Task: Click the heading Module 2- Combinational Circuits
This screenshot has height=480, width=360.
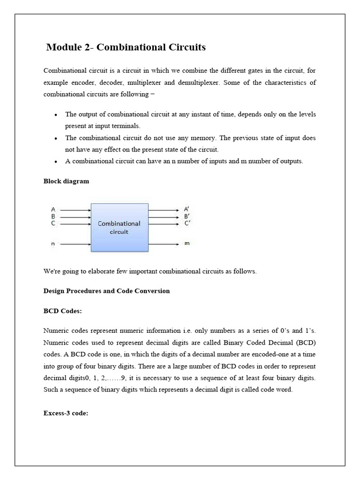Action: pyautogui.click(x=126, y=47)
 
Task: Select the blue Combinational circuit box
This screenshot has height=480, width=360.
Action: pyautogui.click(x=119, y=228)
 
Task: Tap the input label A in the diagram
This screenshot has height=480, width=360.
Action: pyautogui.click(x=53, y=210)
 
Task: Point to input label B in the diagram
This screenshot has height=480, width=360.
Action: pyautogui.click(x=53, y=217)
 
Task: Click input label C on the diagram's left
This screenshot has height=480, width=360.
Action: pyautogui.click(x=53, y=223)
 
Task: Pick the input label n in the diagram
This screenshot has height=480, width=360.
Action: pyautogui.click(x=53, y=244)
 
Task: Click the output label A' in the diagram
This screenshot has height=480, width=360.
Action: pyautogui.click(x=187, y=210)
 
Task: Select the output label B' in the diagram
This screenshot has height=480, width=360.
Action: pyautogui.click(x=187, y=217)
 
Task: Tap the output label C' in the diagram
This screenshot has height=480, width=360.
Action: pyautogui.click(x=187, y=223)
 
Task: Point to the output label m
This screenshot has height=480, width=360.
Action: pyautogui.click(x=187, y=244)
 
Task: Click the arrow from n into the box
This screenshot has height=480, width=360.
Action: pyautogui.click(x=75, y=244)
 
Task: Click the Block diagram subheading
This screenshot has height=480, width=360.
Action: pyautogui.click(x=66, y=181)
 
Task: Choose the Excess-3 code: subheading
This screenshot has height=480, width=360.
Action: pyautogui.click(x=66, y=413)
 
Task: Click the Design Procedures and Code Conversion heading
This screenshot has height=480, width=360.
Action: pyautogui.click(x=106, y=291)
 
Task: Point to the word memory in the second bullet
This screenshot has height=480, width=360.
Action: pyautogui.click(x=205, y=138)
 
